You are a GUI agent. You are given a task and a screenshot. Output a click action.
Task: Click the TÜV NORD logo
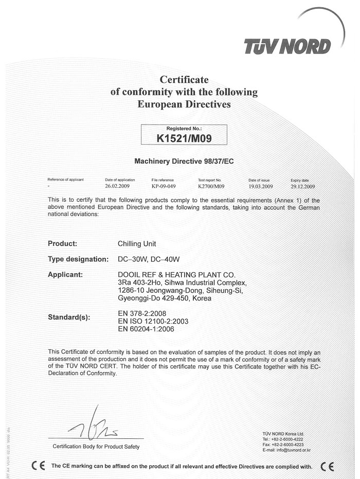click(287, 47)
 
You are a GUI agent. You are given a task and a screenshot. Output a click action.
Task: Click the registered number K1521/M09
click(184, 138)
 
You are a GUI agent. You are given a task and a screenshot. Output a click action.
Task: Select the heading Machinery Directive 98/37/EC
click(184, 161)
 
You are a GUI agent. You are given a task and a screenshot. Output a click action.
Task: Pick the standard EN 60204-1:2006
click(146, 329)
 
